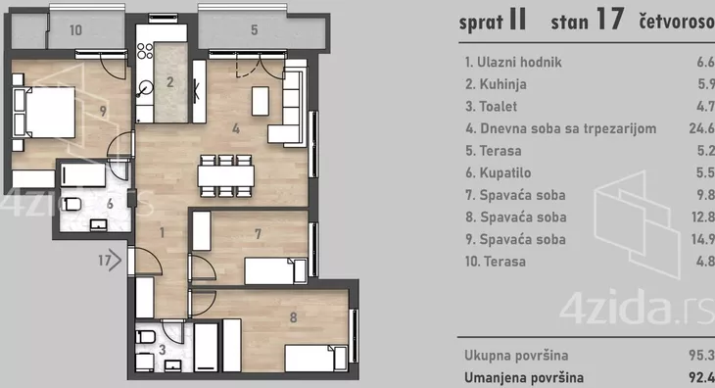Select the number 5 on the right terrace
254,30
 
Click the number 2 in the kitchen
169,82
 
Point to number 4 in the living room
235,127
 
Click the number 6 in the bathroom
111,204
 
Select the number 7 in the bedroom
257,233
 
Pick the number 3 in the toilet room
162,348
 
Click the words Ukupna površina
517,354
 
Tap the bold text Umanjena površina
524,376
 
